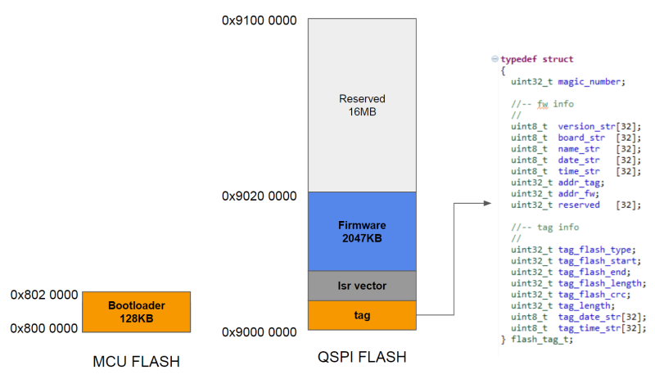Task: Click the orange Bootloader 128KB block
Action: [x=136, y=311]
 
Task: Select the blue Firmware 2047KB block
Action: [x=362, y=231]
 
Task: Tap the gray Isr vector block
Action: [x=362, y=286]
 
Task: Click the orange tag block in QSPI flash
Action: [x=362, y=315]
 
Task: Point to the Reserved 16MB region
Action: [x=362, y=105]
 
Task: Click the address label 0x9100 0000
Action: [x=259, y=20]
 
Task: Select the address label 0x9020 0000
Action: [x=259, y=196]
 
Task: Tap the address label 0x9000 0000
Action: [x=259, y=332]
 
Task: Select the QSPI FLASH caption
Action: [x=361, y=358]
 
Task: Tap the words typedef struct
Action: [x=537, y=60]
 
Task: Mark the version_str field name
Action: [x=585, y=126]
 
